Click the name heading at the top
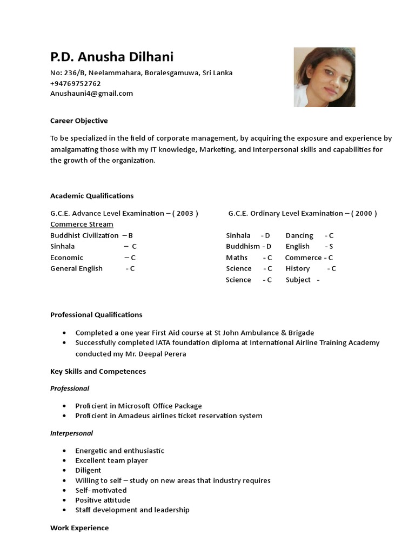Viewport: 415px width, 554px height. (112, 57)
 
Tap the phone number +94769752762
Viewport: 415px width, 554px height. (76, 83)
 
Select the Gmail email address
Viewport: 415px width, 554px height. (91, 93)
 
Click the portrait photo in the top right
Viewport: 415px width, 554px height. (324, 77)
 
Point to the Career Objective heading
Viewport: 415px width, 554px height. (79, 121)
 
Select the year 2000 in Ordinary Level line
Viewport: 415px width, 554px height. (364, 213)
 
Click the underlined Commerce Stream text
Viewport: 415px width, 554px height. (82, 224)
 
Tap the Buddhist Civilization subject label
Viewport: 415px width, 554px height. (84, 235)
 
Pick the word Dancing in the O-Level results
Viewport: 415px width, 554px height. (299, 235)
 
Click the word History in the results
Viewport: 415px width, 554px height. (298, 268)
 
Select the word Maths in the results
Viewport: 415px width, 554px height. (237, 258)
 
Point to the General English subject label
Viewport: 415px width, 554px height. (76, 268)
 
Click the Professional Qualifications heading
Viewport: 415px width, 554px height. (96, 314)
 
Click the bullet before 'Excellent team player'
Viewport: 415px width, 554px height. (65, 460)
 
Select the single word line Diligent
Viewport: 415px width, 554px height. (88, 470)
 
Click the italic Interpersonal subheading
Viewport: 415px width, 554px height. (71, 433)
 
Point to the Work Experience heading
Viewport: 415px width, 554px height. (79, 527)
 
